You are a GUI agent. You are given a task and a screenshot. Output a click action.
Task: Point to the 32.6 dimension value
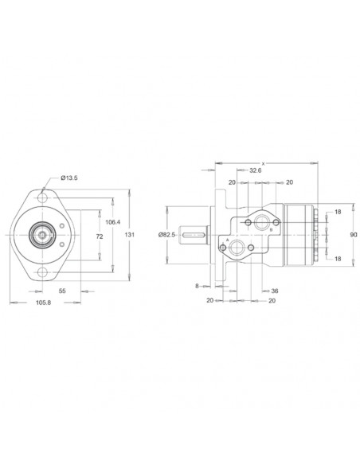pos(255,170)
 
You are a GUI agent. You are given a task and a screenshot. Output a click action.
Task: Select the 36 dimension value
pos(274,291)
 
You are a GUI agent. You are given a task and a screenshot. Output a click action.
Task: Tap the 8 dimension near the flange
pos(197,284)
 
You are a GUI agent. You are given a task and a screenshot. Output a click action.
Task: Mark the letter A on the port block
pos(229,240)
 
